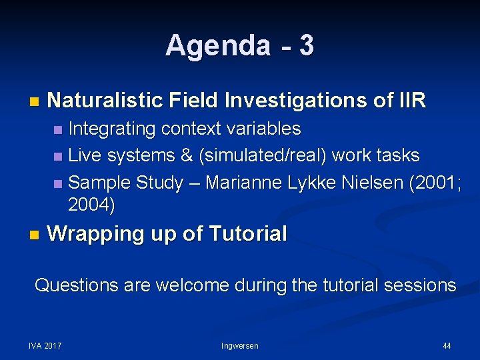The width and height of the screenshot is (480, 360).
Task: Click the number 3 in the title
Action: [306, 46]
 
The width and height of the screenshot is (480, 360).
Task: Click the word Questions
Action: [76, 285]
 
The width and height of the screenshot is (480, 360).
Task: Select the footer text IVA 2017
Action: [45, 345]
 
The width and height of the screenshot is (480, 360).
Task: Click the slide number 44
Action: [447, 345]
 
